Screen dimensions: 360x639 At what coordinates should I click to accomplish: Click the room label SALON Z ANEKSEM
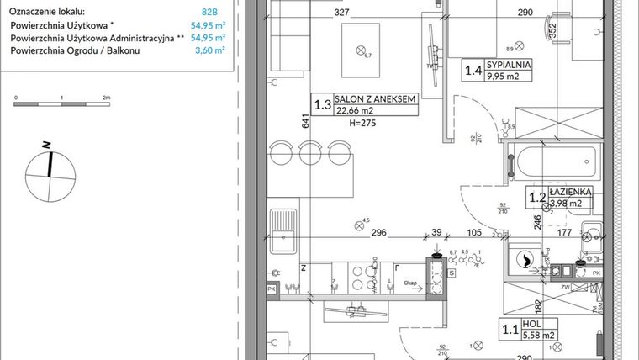coord(376,98)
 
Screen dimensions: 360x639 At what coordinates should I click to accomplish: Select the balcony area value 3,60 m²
coord(209,50)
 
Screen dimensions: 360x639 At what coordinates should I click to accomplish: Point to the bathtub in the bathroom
coord(557,159)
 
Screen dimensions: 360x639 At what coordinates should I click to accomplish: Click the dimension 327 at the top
coord(318,13)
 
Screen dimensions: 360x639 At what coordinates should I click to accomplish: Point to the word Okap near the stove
coord(410,283)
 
